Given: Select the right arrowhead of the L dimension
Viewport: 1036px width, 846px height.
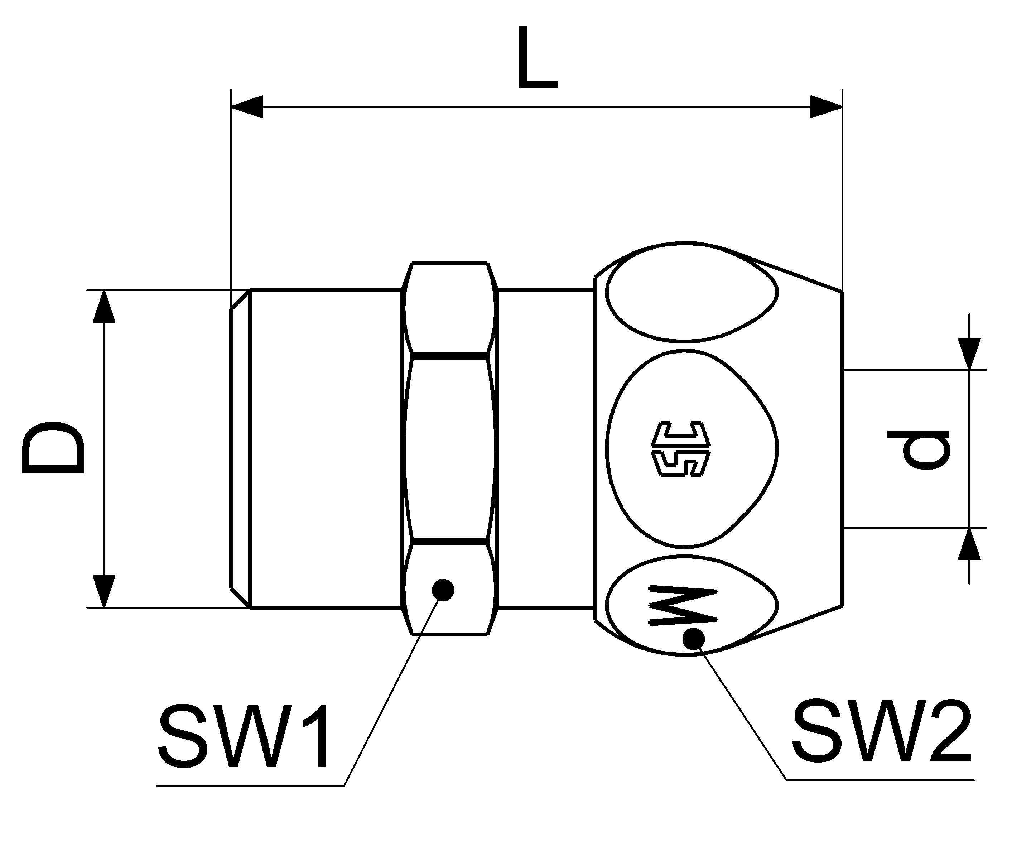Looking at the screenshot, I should [x=827, y=107].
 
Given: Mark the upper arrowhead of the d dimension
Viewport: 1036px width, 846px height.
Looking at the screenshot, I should [x=969, y=353].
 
